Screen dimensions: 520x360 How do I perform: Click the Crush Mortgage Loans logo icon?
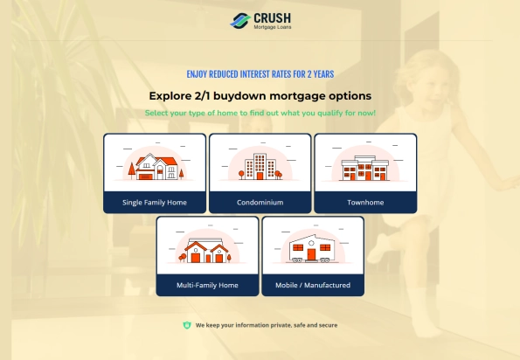pos(240,21)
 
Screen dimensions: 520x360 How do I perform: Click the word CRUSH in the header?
pos(273,18)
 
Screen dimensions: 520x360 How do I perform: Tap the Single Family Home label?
pos(155,202)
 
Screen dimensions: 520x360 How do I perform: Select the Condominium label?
pos(260,202)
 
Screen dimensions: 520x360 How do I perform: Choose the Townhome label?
pos(365,202)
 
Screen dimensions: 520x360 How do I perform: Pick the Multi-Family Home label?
pos(207,285)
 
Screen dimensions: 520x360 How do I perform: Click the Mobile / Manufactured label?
pos(313,285)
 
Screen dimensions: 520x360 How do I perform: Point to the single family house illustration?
pos(155,166)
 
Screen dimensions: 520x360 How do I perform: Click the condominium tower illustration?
pos(260,166)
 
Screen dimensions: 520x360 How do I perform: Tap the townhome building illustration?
pos(365,168)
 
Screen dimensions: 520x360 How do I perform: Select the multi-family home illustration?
pos(206,250)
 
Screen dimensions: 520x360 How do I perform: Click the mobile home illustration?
pos(312,249)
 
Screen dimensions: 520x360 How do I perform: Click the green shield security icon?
pos(187,325)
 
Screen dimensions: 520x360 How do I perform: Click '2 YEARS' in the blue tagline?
pos(321,74)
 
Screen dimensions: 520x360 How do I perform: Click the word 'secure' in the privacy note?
pos(329,325)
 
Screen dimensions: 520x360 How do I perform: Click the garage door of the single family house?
pos(145,177)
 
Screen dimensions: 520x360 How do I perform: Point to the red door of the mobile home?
pos(311,254)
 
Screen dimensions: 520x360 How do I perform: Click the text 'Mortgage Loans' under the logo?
pos(273,27)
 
